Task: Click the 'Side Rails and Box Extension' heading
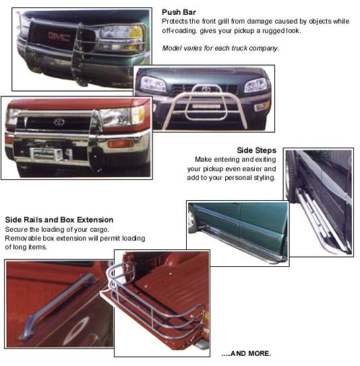pos(59,220)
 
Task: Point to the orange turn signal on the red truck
pos(120,144)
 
